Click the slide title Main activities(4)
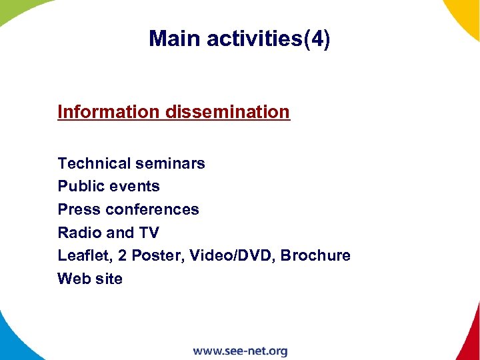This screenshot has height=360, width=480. click(239, 39)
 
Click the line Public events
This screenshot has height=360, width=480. click(109, 186)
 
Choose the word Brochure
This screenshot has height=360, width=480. click(315, 256)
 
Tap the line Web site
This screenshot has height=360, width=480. click(90, 279)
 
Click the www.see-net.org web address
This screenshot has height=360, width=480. click(240, 351)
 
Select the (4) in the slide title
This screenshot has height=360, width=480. click(317, 39)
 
